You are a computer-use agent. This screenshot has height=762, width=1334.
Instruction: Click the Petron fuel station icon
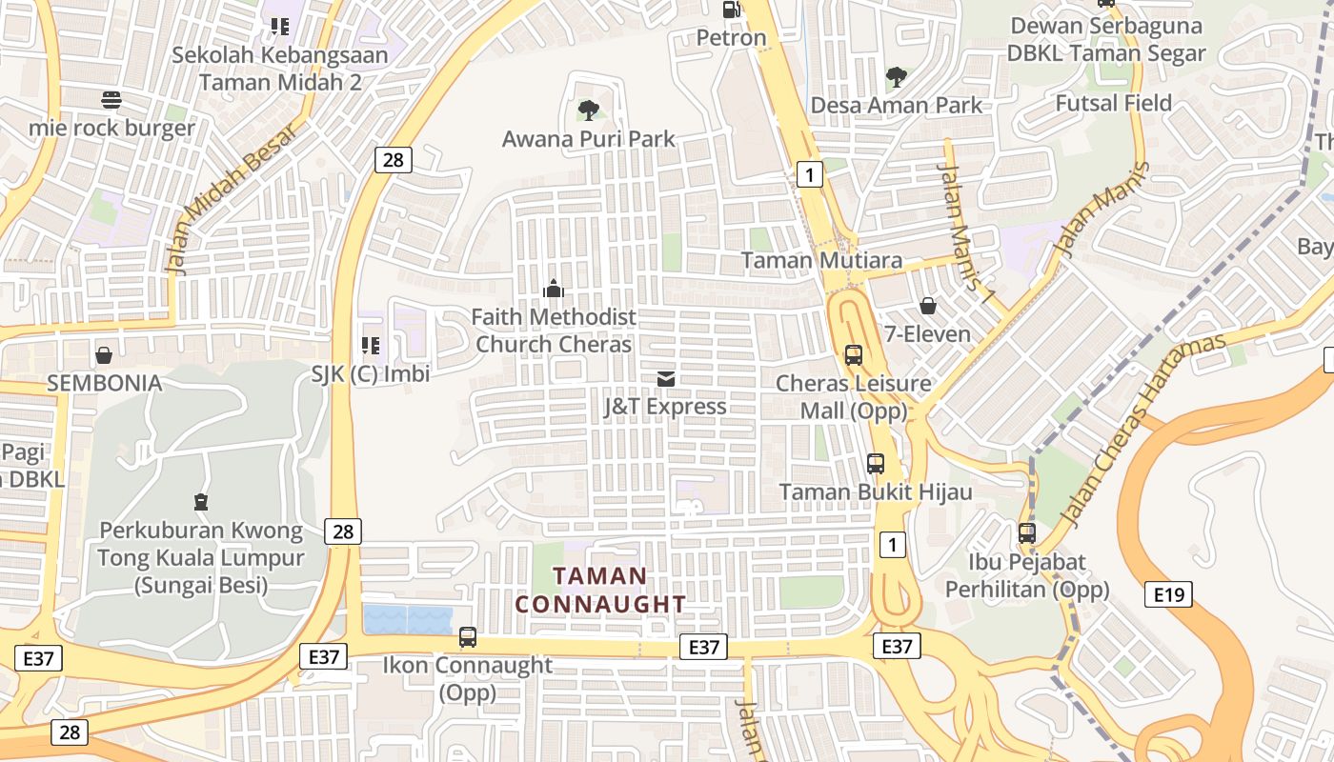pyautogui.click(x=731, y=10)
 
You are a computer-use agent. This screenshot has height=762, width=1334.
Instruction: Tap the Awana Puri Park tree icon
pyautogui.click(x=589, y=110)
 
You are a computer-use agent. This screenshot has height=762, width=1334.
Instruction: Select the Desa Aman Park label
pyautogui.click(x=896, y=105)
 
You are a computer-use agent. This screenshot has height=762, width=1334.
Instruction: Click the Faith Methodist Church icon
pyautogui.click(x=554, y=288)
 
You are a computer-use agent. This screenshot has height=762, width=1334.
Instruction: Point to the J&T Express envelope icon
pyautogui.click(x=666, y=378)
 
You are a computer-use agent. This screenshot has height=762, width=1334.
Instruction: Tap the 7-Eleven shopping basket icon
pyautogui.click(x=927, y=306)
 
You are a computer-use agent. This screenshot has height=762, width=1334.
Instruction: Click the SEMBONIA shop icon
pyautogui.click(x=104, y=355)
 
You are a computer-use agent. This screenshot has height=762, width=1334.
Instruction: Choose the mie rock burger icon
pyautogui.click(x=111, y=99)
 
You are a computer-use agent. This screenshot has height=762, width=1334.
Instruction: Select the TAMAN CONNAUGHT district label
pyautogui.click(x=600, y=590)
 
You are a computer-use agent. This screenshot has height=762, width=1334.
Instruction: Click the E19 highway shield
pyautogui.click(x=1168, y=595)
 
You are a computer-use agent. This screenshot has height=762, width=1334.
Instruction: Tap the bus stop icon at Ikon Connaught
pyautogui.click(x=467, y=637)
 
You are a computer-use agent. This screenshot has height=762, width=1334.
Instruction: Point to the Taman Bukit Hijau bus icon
pyautogui.click(x=876, y=464)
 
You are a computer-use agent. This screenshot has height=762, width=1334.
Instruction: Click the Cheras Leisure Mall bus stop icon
pyautogui.click(x=853, y=355)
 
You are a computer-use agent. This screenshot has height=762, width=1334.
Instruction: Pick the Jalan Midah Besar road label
pyautogui.click(x=232, y=198)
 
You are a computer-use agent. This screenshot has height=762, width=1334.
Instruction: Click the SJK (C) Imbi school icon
pyautogui.click(x=371, y=346)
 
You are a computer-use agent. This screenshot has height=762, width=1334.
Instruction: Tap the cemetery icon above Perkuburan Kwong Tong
pyautogui.click(x=201, y=501)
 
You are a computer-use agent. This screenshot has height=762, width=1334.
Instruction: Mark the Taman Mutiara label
pyautogui.click(x=821, y=260)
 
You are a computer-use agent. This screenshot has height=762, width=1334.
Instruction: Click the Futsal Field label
pyautogui.click(x=1113, y=103)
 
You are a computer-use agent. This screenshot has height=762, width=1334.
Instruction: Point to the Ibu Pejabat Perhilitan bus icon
pyautogui.click(x=1027, y=533)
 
